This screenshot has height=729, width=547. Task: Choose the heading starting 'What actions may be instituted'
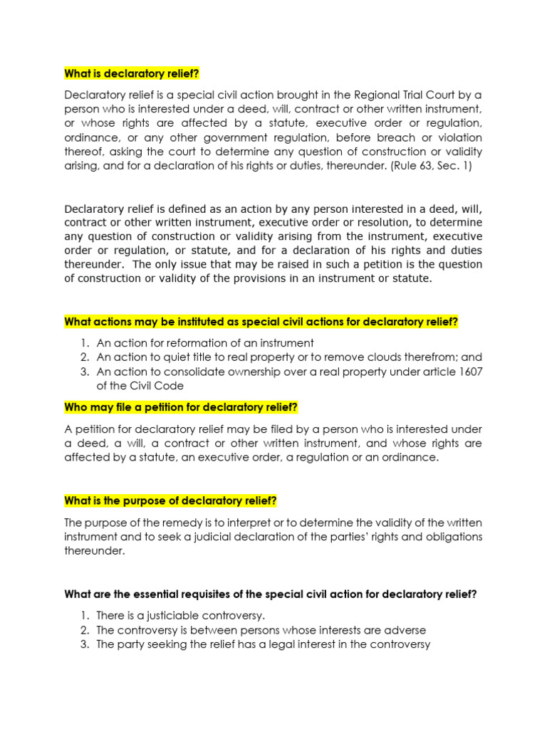261,322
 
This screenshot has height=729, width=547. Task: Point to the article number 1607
469,372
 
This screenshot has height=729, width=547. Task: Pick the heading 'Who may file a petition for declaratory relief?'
181,407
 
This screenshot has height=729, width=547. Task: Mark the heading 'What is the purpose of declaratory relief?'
170,500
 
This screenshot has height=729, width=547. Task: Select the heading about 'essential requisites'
270,594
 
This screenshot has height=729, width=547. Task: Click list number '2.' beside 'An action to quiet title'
84,357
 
